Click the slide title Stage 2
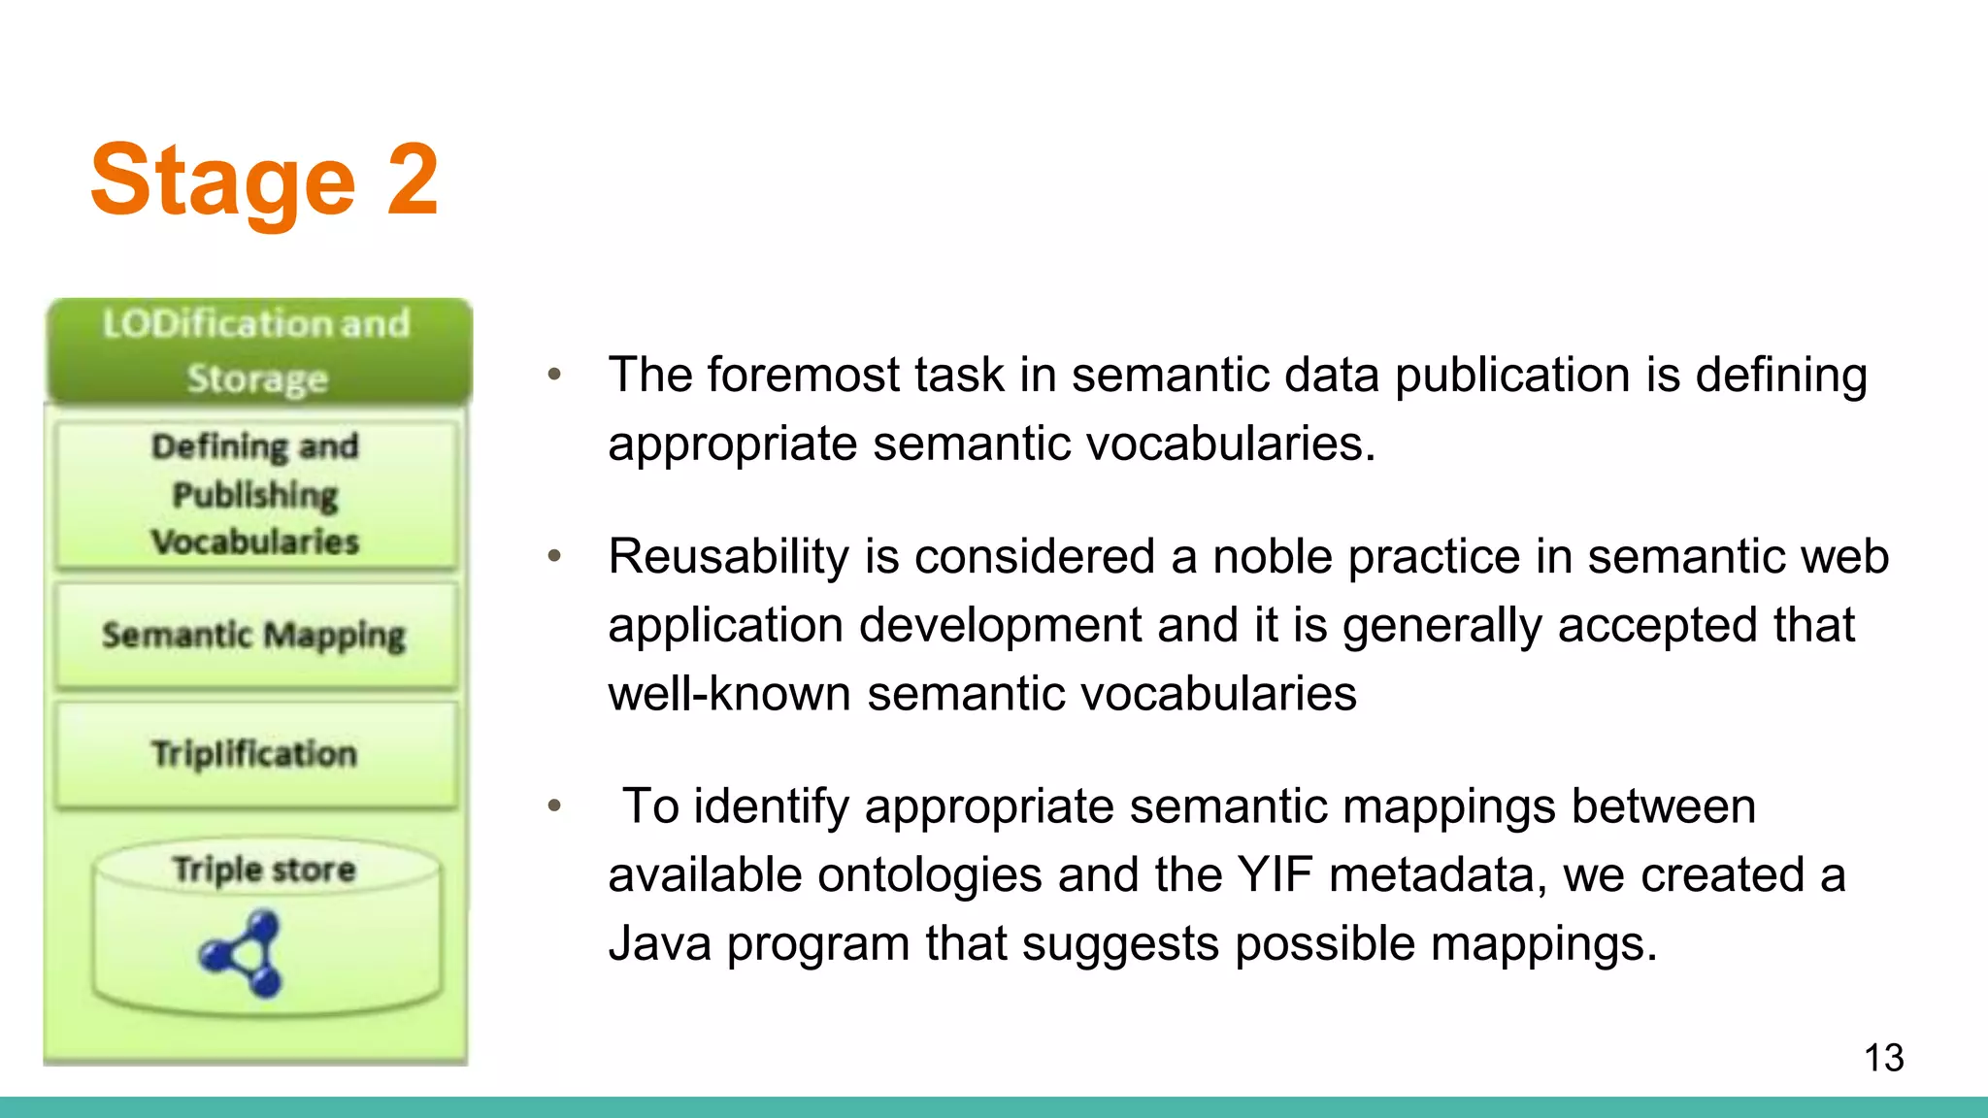(264, 181)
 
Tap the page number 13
(1883, 1058)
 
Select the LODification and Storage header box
(257, 351)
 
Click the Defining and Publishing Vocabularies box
(256, 494)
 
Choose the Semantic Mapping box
(254, 636)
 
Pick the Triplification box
(254, 754)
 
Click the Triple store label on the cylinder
(264, 869)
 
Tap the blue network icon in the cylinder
(243, 953)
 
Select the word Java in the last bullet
(659, 943)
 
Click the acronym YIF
(1274, 874)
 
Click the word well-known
(729, 694)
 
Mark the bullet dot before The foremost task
(554, 375)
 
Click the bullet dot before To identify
(554, 806)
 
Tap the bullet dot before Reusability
(554, 556)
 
